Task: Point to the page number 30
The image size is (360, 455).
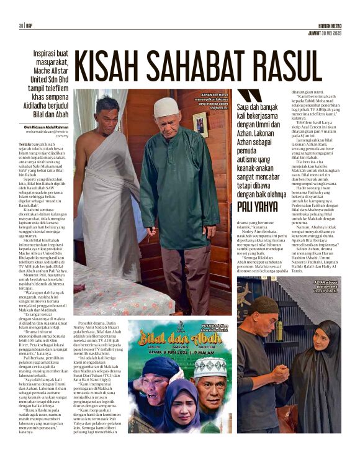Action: tap(20, 25)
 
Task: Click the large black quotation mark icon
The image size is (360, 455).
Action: tap(250, 96)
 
